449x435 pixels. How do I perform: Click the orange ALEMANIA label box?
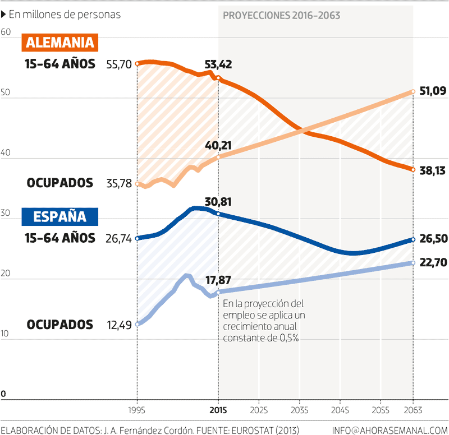(x=60, y=43)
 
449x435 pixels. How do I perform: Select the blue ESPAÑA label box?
(x=60, y=216)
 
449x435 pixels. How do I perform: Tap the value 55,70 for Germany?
(x=118, y=64)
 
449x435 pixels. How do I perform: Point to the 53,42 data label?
(x=219, y=64)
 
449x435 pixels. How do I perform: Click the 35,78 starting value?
(x=118, y=183)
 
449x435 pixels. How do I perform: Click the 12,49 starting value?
(x=118, y=325)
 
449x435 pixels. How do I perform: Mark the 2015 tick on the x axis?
(x=218, y=410)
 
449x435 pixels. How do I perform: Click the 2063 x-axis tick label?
(x=413, y=410)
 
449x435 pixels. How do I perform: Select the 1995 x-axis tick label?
(x=137, y=410)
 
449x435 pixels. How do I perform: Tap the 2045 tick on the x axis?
(x=340, y=410)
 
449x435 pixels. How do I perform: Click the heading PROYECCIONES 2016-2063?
(x=281, y=16)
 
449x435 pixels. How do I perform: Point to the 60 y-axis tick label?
(x=6, y=33)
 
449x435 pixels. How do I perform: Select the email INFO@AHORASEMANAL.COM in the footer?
(x=390, y=430)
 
